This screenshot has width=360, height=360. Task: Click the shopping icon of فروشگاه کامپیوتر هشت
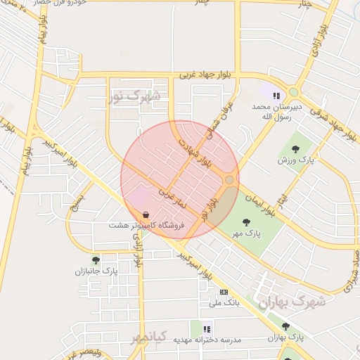pyautogui.click(x=146, y=214)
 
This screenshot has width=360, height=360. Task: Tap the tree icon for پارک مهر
pyautogui.click(x=245, y=222)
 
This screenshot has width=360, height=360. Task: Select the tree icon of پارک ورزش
pyautogui.click(x=295, y=148)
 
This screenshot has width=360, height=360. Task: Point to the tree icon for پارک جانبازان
pyautogui.click(x=96, y=260)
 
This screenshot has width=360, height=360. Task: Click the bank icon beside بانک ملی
pyautogui.click(x=224, y=292)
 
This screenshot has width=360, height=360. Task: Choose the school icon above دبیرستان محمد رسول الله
pyautogui.click(x=277, y=95)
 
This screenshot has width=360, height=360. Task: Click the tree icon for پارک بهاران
pyautogui.click(x=285, y=326)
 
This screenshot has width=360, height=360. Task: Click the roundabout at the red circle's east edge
pyautogui.click(x=229, y=180)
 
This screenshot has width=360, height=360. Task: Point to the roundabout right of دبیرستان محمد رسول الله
pyautogui.click(x=294, y=92)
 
